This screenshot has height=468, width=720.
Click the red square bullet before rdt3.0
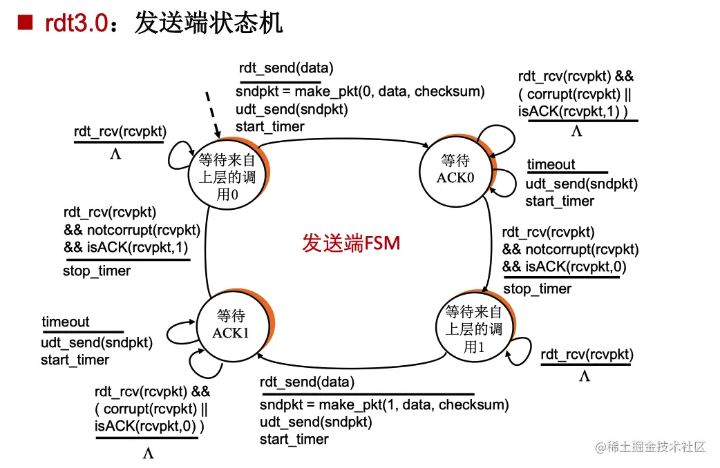(x=25, y=23)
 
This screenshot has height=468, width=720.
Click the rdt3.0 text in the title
(x=76, y=23)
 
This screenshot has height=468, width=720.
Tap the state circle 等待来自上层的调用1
(x=474, y=329)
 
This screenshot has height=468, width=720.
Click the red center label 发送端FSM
(x=351, y=244)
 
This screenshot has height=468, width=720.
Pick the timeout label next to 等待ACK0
(x=551, y=164)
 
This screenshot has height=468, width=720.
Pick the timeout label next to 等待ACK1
(x=66, y=322)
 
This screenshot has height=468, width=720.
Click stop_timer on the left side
(x=96, y=271)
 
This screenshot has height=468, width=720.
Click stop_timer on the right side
(x=537, y=289)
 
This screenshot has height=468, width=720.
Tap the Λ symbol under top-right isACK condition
(x=577, y=132)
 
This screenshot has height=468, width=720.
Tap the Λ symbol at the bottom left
(x=148, y=454)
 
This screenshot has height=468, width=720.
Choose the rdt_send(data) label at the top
(x=286, y=68)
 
